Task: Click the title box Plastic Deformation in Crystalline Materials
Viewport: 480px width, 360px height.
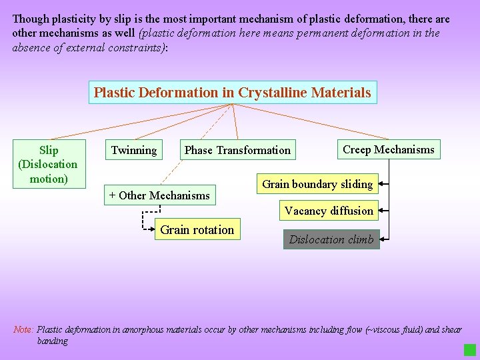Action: tap(233, 93)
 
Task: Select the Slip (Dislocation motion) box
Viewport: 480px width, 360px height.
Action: tap(49, 164)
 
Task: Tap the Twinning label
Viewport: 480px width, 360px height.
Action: tap(134, 150)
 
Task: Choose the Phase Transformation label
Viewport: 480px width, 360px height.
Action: tap(237, 150)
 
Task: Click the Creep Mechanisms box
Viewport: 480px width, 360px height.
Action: tap(388, 149)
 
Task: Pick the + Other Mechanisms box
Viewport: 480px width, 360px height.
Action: tap(159, 195)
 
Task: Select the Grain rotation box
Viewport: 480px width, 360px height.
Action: tap(197, 230)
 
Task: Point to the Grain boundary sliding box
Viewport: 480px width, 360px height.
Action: tap(317, 184)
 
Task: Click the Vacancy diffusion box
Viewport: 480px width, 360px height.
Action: tap(329, 211)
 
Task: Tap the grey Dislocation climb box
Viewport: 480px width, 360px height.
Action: tap(331, 239)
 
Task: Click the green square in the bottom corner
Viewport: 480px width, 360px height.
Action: tap(470, 350)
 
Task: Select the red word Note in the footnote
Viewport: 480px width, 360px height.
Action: tap(23, 330)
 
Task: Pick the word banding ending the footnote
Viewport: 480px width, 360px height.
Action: tap(53, 341)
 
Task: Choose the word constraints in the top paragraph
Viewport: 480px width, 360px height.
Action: tap(136, 47)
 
